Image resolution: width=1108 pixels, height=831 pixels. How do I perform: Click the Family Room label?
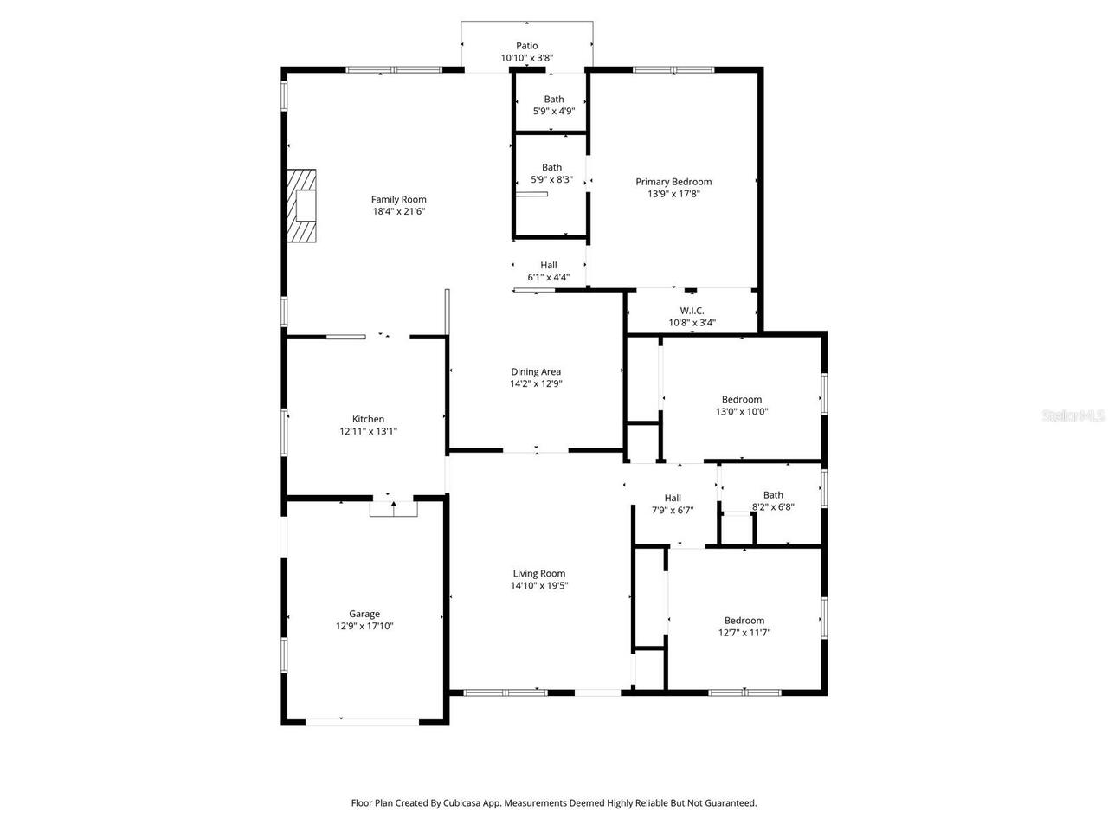pos(399,200)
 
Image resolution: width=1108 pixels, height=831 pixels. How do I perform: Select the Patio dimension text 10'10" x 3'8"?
pos(526,58)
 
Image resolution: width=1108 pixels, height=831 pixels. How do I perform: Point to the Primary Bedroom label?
pos(673,182)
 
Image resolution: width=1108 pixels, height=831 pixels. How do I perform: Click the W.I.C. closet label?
pos(692,311)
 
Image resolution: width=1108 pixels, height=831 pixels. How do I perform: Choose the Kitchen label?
pos(368,419)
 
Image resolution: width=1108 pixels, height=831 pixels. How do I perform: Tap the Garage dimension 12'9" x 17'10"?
pos(364,626)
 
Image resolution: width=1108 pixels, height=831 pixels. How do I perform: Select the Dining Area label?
pos(536,372)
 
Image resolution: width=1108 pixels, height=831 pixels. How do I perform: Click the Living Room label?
pos(539,573)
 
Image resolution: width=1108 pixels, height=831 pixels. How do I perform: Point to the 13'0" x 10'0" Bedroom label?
pos(742,400)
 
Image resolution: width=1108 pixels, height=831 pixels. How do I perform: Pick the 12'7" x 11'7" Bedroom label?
pos(744,621)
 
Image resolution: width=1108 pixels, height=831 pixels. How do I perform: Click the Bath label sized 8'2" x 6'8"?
pos(773,495)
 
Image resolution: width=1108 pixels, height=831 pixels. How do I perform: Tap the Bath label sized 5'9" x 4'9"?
pos(554,100)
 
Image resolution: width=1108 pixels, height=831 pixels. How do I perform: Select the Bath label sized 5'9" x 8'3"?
pos(551,168)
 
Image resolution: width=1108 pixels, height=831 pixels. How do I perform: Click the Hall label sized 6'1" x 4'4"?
pos(549,265)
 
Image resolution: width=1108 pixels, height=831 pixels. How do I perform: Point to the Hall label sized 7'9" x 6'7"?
pos(673,498)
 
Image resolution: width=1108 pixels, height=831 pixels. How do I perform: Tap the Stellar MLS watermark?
pos(1073,416)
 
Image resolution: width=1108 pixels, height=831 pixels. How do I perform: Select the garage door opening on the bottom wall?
pos(363,721)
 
